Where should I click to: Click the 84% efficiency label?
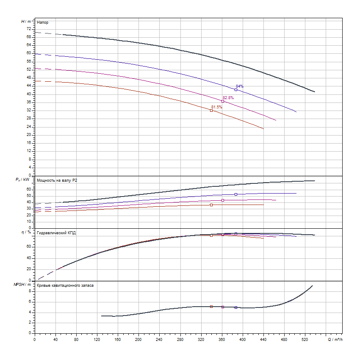point(240,86)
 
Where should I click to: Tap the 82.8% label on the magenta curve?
point(228,98)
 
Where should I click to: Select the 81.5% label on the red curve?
point(216,107)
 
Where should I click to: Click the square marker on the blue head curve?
point(236,90)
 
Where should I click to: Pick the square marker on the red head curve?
point(211,111)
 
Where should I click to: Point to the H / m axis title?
point(26,21)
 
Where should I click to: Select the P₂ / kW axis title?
point(24,180)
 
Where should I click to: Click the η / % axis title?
point(26,233)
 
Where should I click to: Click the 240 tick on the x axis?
point(159,339)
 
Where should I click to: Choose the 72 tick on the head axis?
point(29,29)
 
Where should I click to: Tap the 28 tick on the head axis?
point(29,119)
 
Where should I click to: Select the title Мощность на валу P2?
point(57,181)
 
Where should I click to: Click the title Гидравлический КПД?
point(56,233)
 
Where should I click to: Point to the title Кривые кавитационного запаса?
point(65,286)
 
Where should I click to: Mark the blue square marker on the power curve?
point(236,194)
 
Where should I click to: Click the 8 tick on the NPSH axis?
point(30,291)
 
